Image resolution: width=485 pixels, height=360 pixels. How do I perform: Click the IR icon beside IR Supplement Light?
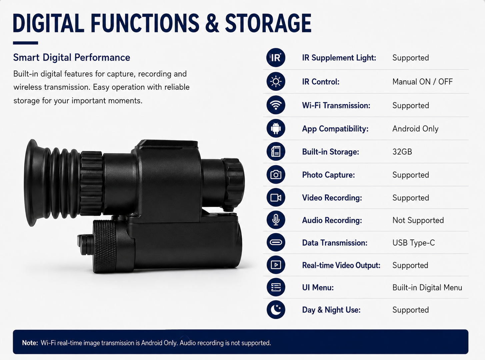click(x=276, y=58)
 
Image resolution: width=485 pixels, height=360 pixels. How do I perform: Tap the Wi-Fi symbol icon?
click(x=276, y=105)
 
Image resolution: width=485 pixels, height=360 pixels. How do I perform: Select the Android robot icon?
click(x=276, y=129)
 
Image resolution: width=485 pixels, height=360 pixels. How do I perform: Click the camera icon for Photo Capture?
click(x=276, y=175)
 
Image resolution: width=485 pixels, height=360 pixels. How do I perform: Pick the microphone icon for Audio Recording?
click(x=276, y=220)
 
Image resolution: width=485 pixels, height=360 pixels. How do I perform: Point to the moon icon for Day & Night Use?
click(x=276, y=309)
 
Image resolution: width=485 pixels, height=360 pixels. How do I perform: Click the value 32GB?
click(x=402, y=152)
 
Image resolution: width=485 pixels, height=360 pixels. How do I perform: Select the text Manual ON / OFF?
click(x=422, y=82)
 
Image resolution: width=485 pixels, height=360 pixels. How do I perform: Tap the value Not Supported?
click(x=418, y=220)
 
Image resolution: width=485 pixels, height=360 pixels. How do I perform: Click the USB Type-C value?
click(x=413, y=243)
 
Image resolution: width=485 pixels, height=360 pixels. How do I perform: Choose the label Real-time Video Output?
click(x=341, y=265)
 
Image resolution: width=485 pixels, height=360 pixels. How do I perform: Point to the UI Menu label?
click(x=318, y=287)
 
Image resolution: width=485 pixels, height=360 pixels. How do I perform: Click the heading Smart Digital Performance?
click(x=72, y=58)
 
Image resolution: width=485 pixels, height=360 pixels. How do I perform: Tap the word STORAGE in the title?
click(x=268, y=23)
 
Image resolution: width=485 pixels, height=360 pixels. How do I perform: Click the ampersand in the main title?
click(x=212, y=23)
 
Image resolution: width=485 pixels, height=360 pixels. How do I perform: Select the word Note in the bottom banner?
click(x=30, y=343)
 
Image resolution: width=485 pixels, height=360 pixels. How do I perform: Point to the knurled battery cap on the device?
click(x=105, y=246)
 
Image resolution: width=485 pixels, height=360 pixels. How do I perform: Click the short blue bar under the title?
click(x=25, y=43)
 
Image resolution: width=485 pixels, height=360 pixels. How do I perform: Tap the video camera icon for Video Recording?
click(x=276, y=197)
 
